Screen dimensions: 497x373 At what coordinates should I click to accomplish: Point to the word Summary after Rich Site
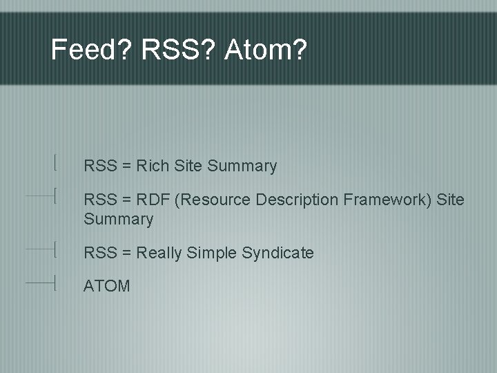click(x=242, y=166)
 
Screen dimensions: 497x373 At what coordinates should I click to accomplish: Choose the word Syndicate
click(x=278, y=254)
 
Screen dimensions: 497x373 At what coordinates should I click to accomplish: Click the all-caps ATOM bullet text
click(x=106, y=286)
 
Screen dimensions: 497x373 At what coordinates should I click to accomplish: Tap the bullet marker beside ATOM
click(x=53, y=283)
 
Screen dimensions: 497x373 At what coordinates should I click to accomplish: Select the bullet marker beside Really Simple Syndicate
click(x=53, y=248)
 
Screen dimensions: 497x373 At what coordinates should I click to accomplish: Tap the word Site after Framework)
click(x=451, y=200)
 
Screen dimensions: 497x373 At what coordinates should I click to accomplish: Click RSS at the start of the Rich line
click(x=99, y=166)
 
